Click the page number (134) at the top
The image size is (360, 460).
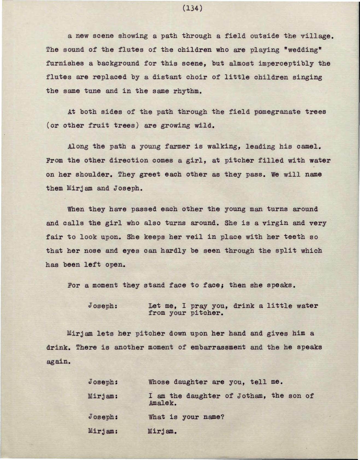[x=192, y=9]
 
